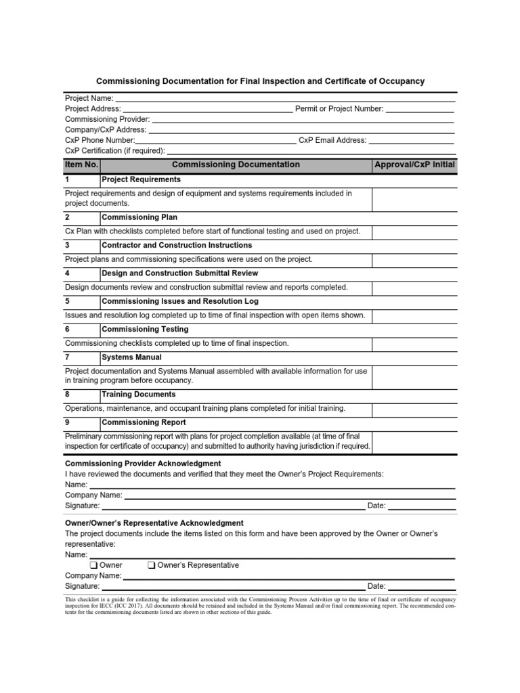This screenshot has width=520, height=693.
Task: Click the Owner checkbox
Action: [x=93, y=565]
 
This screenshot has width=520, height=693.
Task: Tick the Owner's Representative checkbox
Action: [x=152, y=565]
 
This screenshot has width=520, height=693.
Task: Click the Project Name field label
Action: [x=89, y=98]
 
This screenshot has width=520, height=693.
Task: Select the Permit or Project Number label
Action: [x=339, y=108]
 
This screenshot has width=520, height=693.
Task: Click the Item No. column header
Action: [x=82, y=164]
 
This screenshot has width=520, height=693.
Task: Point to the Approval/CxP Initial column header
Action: [x=414, y=164]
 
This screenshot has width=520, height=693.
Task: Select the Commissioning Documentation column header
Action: [x=236, y=164]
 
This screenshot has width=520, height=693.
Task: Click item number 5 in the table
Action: [x=68, y=301]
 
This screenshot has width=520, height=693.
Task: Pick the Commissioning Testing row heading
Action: [x=145, y=329]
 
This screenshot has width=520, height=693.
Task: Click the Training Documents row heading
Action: [x=138, y=394]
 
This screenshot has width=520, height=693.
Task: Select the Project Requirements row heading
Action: [x=141, y=179]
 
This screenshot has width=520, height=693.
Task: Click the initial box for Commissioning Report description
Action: [x=414, y=441]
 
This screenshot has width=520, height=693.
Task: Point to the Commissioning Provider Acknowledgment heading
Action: [x=143, y=464]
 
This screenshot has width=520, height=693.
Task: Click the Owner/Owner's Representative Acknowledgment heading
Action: [x=154, y=523]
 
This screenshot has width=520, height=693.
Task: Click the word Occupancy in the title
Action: [x=401, y=81]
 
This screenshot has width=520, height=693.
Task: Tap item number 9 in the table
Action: [x=68, y=422]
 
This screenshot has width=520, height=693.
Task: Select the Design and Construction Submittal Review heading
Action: [x=179, y=273]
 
